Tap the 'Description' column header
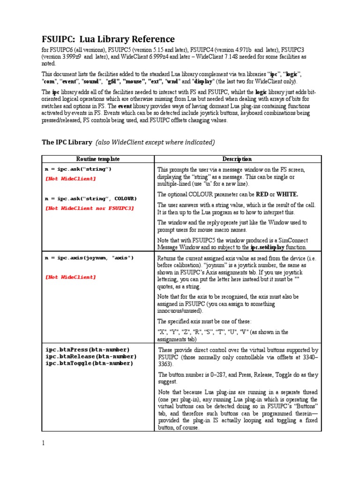tap(237, 159)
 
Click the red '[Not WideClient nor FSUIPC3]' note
tap(90, 208)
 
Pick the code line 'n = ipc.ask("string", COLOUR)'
tap(91, 198)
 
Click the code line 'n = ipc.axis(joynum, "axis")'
tap(89, 257)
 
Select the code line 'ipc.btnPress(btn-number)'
tap(88, 350)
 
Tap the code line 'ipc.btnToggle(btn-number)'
tap(89, 363)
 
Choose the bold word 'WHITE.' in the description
tap(287, 194)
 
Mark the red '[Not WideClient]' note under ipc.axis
tap(71, 277)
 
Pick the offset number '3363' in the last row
tap(165, 363)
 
